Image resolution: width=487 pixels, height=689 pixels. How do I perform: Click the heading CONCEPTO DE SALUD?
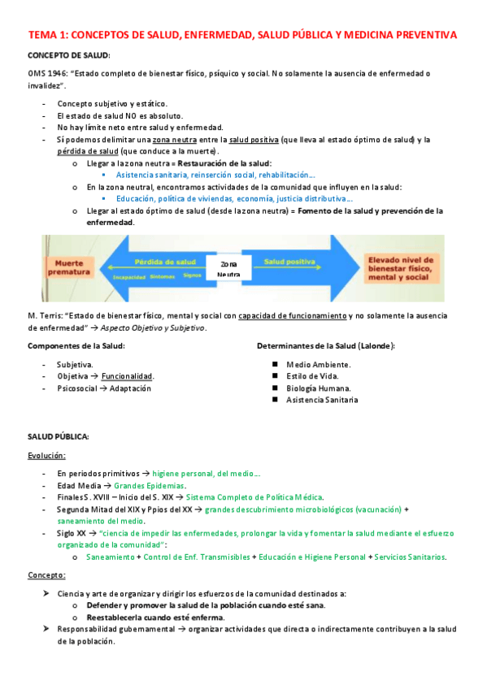[68, 54]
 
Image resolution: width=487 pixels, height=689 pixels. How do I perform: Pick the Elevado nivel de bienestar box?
[400, 269]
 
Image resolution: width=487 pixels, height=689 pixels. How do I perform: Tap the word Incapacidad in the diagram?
[129, 275]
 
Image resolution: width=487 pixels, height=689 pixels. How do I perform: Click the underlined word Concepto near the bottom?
[46, 575]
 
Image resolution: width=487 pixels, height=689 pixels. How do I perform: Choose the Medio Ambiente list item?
[318, 364]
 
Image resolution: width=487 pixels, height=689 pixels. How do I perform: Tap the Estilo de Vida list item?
[312, 376]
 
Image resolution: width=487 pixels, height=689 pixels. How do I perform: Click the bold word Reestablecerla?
[115, 617]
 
